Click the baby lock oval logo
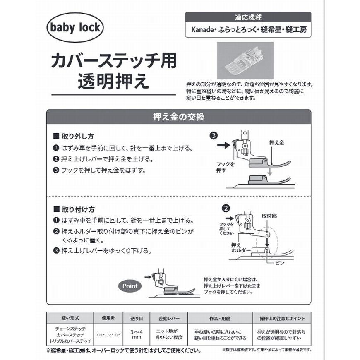pos(75,28)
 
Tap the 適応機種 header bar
pos(248,18)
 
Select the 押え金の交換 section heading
pos(179,117)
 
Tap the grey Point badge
pos(130,286)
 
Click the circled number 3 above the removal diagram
pos(214,135)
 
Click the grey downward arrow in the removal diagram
pos(270,170)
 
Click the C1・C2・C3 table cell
pos(108,334)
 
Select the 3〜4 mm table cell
pos(137,334)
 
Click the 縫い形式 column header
pos(71,318)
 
